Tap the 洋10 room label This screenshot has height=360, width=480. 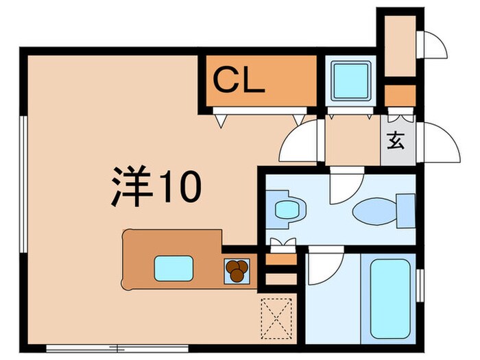(156, 186)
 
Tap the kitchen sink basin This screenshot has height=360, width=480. (172, 267)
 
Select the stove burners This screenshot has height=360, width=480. (237, 270)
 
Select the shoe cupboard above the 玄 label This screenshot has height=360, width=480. (398, 93)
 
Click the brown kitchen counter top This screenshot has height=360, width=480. (171, 247)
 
